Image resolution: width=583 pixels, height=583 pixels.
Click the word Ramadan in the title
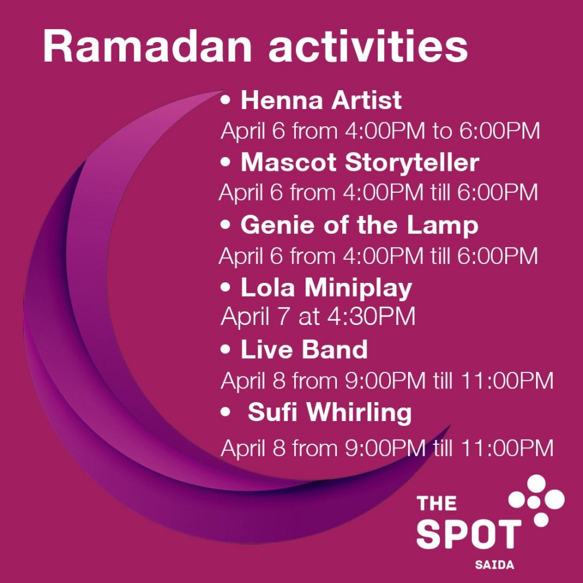pos(147,46)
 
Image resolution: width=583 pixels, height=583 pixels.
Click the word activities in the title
pos(368,46)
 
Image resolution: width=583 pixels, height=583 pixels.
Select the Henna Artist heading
pos(321,100)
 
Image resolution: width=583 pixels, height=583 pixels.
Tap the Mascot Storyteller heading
pos(360,163)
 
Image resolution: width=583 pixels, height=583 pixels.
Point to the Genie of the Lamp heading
pos(359,225)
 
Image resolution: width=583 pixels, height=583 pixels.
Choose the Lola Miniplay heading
pos(326,288)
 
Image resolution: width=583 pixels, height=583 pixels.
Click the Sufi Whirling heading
pos(330,412)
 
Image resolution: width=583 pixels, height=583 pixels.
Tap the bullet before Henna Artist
pos(225,100)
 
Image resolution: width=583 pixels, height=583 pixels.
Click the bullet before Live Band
pos(225,349)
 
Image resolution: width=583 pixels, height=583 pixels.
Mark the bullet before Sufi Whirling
pos(225,412)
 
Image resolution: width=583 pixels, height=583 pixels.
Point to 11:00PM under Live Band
pos(507,380)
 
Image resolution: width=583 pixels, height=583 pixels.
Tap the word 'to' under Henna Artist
pos(442,131)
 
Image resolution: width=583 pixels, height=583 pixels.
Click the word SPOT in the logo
pos(469,534)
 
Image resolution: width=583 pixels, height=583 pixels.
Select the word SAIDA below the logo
pos(495,565)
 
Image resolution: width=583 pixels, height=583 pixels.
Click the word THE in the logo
pos(437,503)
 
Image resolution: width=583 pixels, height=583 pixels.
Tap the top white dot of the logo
pos(536,483)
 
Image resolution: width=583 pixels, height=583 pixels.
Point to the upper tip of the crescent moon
pos(225,91)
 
